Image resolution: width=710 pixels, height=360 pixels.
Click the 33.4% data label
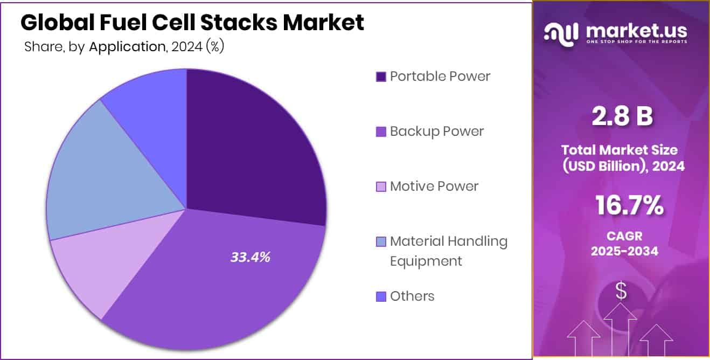[x=250, y=258]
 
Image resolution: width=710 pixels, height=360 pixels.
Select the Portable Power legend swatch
[x=381, y=77]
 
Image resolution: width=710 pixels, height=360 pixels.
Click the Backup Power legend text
[x=437, y=131]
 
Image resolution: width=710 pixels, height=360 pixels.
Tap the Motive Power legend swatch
[x=381, y=187]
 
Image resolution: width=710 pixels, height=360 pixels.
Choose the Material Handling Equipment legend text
[x=448, y=251]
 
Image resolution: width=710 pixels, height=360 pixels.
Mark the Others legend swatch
[x=381, y=296]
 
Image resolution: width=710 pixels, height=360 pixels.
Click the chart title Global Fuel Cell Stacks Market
[x=192, y=23]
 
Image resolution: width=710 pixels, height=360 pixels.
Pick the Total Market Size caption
[x=623, y=157]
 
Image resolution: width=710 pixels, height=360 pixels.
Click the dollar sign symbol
[x=621, y=292]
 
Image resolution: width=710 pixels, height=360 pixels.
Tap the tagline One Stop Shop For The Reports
[x=636, y=42]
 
